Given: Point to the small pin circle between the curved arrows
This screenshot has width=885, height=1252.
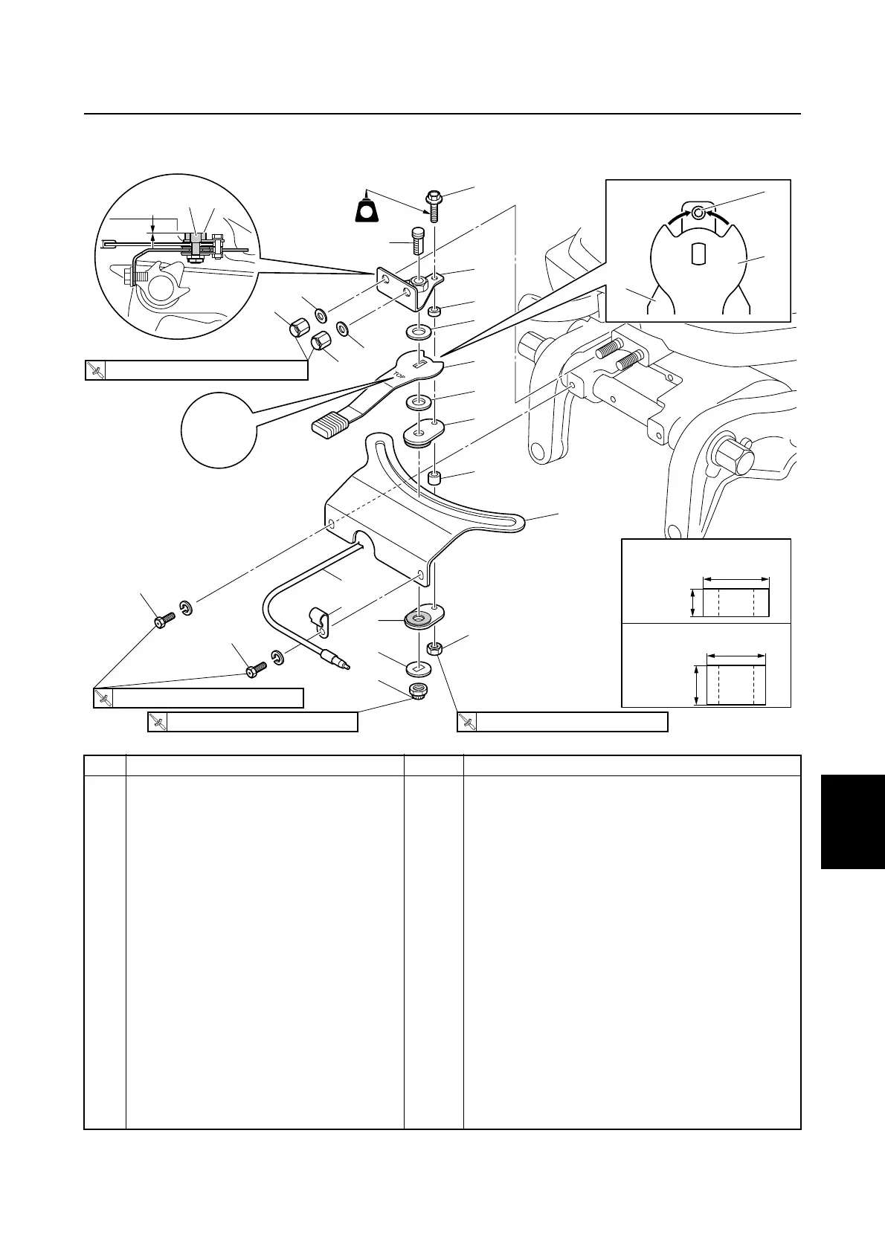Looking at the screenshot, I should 698,213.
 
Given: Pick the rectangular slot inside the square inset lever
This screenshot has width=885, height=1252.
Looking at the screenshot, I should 698,254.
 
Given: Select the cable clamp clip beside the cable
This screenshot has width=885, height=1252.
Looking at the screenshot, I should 318,619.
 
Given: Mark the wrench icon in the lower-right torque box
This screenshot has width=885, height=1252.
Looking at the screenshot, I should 467,721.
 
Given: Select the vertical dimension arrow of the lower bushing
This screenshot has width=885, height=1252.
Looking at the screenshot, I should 696,685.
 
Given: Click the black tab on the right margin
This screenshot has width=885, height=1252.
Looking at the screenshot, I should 853,821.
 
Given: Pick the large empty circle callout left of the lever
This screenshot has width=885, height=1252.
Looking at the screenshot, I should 219,430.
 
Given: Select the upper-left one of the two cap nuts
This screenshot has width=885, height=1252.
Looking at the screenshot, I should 300,327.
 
